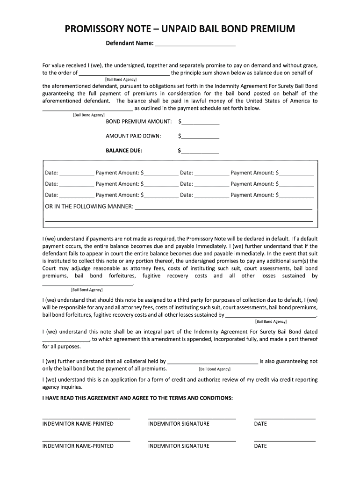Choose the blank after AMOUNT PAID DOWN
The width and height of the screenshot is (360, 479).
[x=200, y=136]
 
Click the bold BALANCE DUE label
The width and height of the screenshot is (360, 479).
[x=124, y=151]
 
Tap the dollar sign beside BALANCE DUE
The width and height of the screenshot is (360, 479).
[x=180, y=151]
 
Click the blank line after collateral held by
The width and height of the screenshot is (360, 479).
[x=212, y=362]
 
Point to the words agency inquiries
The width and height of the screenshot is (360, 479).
[x=56, y=387]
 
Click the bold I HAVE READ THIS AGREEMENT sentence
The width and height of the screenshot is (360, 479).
[x=137, y=398]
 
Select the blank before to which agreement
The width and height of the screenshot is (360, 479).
[x=66, y=340]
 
